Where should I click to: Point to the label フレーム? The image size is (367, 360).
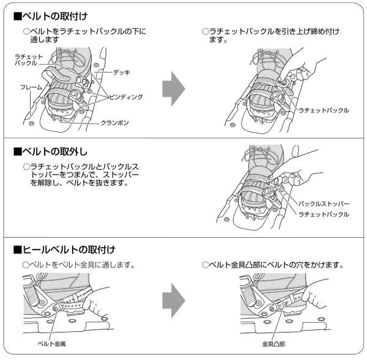31,87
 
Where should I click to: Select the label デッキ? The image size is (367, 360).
121,72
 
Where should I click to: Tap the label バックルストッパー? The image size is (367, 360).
324,203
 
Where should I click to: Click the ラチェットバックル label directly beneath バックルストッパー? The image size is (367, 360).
324,214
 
